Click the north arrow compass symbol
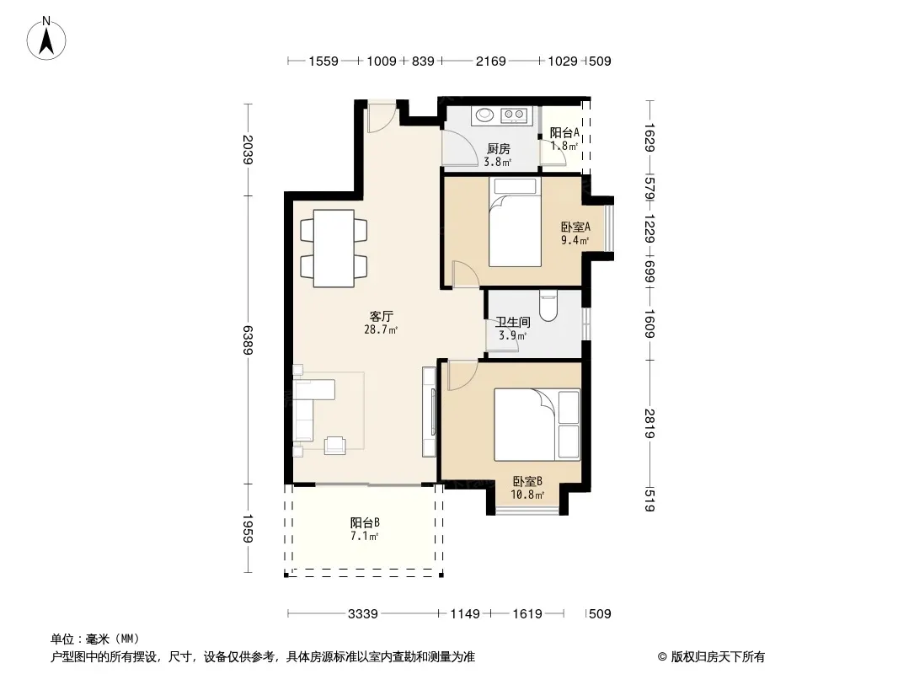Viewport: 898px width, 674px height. point(46,39)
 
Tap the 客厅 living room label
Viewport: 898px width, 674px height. point(381,316)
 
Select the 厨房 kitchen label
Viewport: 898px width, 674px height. point(498,149)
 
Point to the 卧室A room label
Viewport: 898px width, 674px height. point(575,227)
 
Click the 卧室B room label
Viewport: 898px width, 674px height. point(527,482)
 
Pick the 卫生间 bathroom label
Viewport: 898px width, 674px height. point(512,323)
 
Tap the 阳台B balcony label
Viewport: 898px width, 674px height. point(365,523)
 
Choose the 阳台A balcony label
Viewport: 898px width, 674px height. point(564,133)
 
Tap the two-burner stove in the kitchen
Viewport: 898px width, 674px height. point(514,115)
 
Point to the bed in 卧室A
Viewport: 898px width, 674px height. point(515,222)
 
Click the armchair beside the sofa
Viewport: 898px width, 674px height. point(335,446)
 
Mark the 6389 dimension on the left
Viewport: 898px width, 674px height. point(248,340)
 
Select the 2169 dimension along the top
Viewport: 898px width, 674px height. point(491,62)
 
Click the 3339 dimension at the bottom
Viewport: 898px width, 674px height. point(362,614)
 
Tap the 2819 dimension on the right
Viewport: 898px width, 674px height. point(649,423)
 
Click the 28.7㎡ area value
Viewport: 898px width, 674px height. point(381,330)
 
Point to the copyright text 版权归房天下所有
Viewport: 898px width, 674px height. point(717,657)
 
